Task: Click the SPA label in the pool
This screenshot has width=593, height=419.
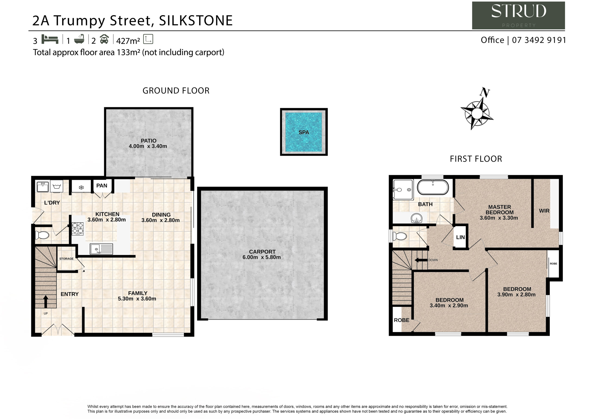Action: (303, 132)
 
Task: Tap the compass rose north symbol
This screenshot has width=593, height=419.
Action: (477, 113)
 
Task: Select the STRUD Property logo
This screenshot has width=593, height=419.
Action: (518, 16)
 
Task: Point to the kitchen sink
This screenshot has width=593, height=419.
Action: (101, 249)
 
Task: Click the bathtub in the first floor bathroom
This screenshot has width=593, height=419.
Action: (433, 187)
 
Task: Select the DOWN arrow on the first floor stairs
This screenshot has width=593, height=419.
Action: (421, 260)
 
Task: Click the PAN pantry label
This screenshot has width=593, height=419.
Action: (102, 186)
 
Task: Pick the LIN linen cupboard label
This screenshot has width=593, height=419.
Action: (460, 237)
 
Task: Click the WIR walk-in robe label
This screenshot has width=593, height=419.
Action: (544, 211)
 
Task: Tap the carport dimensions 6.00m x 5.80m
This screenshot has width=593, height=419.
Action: (261, 257)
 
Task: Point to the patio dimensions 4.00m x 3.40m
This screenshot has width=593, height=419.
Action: (148, 146)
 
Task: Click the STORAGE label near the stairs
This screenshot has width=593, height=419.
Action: (66, 259)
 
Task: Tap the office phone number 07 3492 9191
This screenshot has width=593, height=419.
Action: (539, 40)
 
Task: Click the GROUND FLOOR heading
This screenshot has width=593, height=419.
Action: (176, 91)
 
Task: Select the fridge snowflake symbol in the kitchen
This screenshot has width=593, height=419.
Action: (81, 188)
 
